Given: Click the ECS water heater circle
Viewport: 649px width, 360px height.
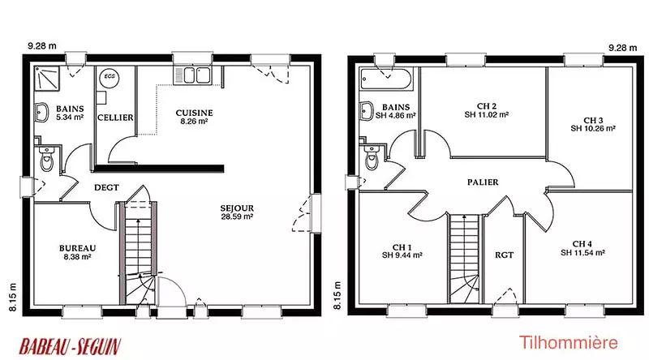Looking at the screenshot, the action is pos(110,77).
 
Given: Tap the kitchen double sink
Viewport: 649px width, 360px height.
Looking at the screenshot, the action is pos(192,75).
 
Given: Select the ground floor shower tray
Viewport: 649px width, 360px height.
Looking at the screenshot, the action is pos(47,78).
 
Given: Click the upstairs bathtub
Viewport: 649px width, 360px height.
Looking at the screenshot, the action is pos(386,79).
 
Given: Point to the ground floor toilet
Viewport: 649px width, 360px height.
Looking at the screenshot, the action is pos(47,158).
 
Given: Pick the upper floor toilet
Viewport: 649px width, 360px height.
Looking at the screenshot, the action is pos(372,156).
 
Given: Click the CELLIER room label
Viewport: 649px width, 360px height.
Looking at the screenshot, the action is pos(115,118).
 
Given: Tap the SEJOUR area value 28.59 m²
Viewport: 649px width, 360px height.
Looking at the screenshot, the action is pos(237,216).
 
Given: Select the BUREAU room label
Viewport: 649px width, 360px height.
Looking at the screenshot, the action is pos(77,248).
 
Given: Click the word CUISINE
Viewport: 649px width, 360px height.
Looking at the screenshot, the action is pos(194,113).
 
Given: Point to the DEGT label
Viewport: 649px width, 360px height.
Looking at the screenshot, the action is pos(106,187).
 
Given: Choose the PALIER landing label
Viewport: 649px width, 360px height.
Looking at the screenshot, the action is pos(483,182).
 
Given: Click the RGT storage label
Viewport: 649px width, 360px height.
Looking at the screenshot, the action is pos(504,255).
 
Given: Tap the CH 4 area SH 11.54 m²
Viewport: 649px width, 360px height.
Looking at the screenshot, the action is pos(582,252).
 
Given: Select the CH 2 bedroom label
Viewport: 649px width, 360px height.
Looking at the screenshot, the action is pos(486,106).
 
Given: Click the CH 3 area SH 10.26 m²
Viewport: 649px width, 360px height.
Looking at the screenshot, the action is pos(593,128).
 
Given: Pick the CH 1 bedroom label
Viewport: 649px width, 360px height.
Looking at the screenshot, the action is pos(402,247).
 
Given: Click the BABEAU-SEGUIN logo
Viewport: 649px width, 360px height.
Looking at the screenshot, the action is pos(70,346).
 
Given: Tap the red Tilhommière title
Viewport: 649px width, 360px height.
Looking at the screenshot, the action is pos(569,343).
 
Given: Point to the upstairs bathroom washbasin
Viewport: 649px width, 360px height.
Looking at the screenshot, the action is pos(367,111).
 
